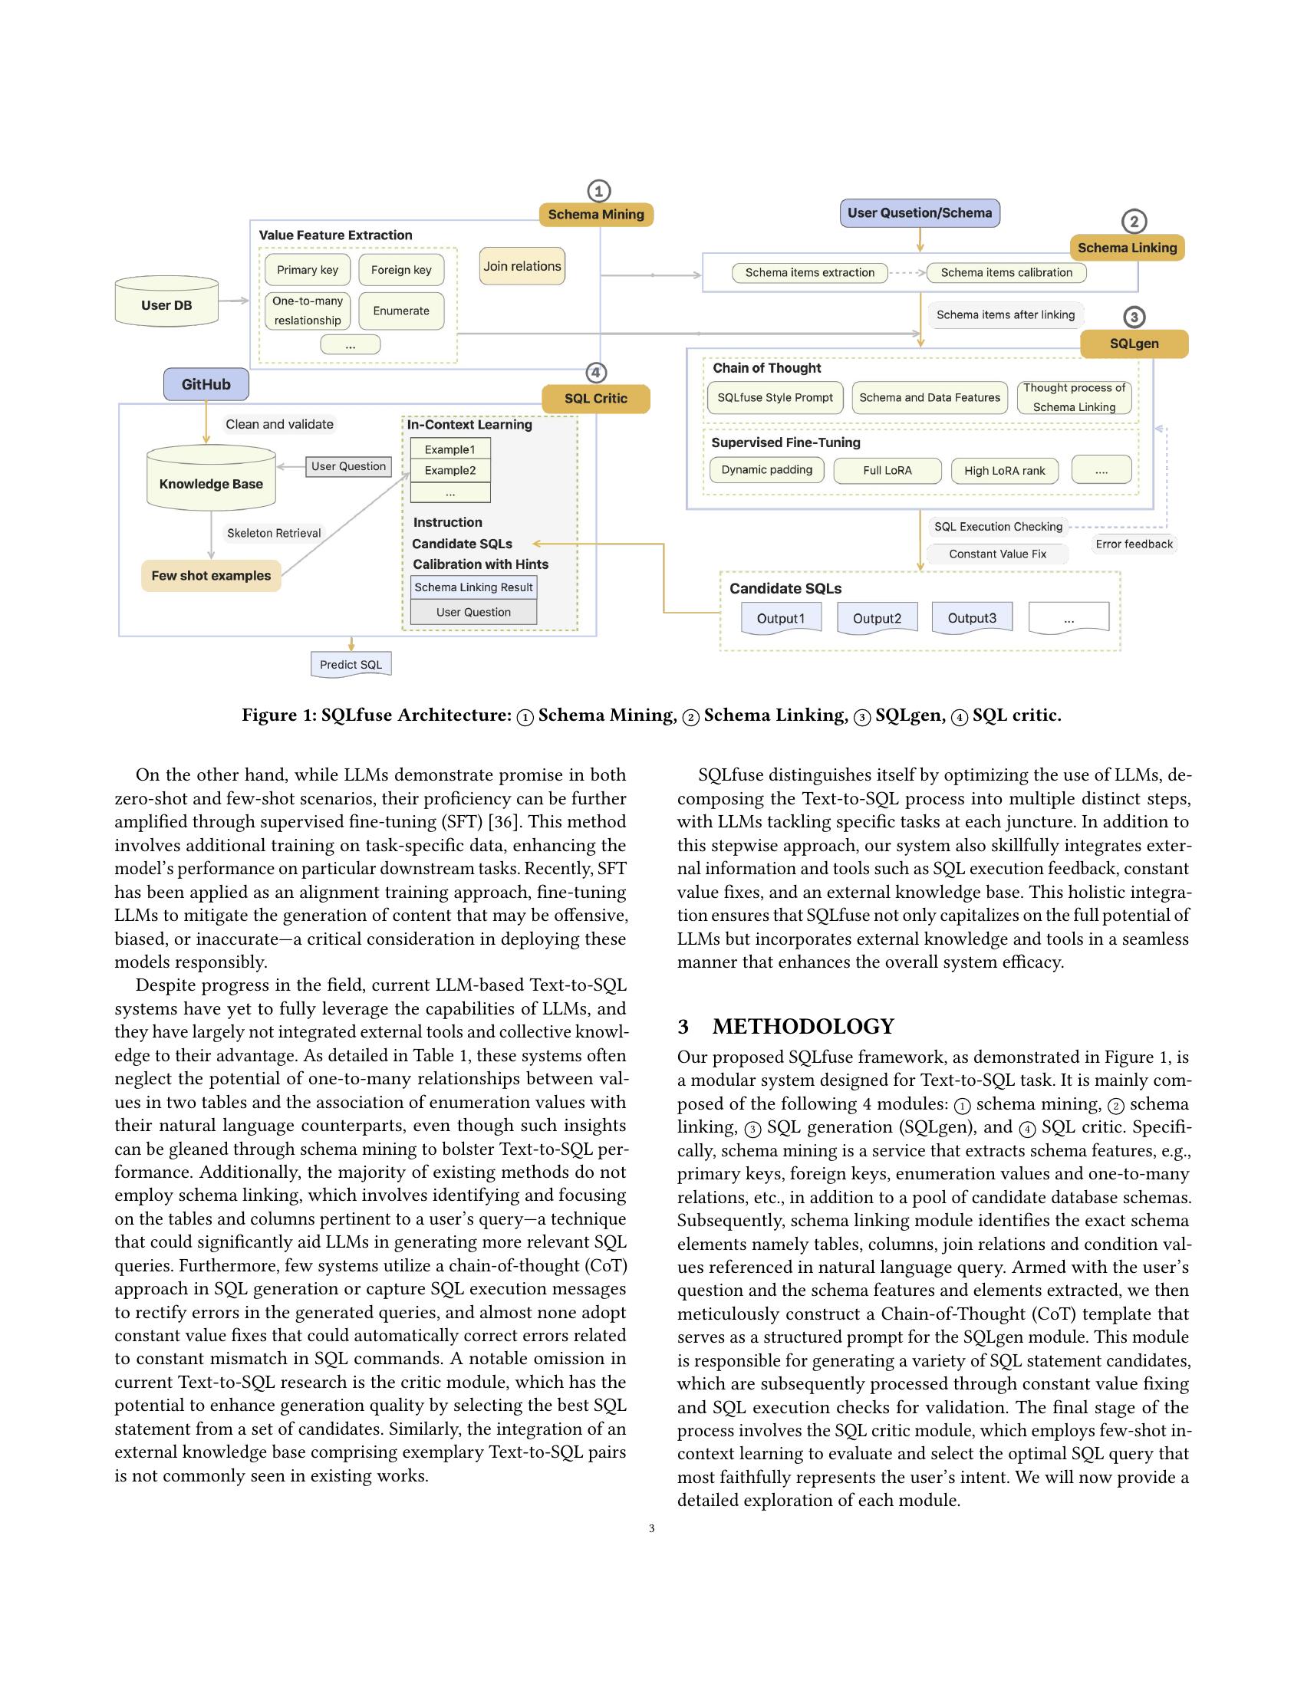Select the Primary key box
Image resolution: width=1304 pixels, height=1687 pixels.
(308, 270)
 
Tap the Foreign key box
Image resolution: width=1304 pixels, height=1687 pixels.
(401, 270)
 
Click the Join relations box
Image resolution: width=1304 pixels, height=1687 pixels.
(522, 267)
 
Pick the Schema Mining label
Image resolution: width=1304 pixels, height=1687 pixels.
(595, 215)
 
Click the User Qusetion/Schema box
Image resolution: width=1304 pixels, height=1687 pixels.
(919, 213)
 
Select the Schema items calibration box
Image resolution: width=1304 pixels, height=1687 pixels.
(1006, 273)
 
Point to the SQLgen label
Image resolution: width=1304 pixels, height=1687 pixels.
(1133, 344)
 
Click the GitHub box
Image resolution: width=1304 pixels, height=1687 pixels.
(206, 385)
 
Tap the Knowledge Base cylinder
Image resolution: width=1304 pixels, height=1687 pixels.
(211, 483)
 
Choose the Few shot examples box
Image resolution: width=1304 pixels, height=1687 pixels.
(211, 575)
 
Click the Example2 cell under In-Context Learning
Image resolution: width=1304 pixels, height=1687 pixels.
(449, 470)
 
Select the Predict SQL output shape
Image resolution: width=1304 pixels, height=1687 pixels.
(351, 664)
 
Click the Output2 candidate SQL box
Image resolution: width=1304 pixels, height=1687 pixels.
(877, 618)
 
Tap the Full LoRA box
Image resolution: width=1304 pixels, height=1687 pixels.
(887, 470)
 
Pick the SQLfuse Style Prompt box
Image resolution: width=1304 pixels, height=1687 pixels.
(775, 398)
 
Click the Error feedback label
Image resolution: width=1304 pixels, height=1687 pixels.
(1133, 544)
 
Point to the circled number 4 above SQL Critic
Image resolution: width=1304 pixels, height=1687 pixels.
(595, 373)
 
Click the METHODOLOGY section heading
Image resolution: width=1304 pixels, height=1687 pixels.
(802, 1027)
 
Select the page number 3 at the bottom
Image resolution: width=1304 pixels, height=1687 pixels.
(652, 1528)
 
